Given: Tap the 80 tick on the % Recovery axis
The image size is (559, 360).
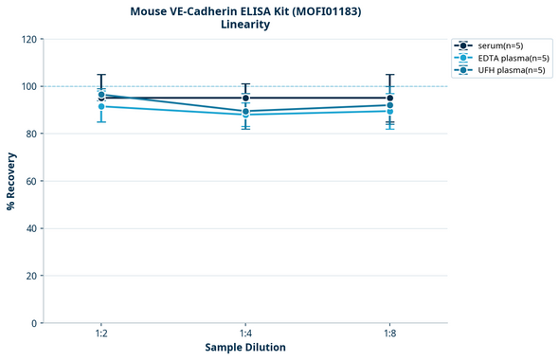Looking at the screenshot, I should pyautogui.click(x=28, y=134).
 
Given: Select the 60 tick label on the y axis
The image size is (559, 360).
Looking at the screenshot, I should pyautogui.click(x=28, y=181).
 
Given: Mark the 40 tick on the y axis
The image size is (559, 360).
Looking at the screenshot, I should pyautogui.click(x=28, y=228).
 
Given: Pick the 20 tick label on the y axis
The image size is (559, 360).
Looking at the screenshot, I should pyautogui.click(x=28, y=276).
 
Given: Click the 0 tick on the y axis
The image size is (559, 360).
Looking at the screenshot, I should pyautogui.click(x=31, y=323).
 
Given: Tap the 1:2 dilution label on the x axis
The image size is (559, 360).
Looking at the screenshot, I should pyautogui.click(x=101, y=334).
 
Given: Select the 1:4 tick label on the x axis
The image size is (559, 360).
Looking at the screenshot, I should pyautogui.click(x=245, y=334).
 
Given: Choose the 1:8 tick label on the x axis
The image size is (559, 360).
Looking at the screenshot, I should pyautogui.click(x=389, y=334).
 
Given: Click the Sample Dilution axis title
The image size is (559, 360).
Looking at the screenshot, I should pyautogui.click(x=245, y=348).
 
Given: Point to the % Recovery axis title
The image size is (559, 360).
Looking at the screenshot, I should pyautogui.click(x=11, y=181).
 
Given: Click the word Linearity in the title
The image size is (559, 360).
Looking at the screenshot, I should pyautogui.click(x=245, y=25).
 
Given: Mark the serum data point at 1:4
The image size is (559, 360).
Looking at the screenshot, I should pyautogui.click(x=245, y=98).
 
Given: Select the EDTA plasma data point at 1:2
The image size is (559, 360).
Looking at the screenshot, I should pyautogui.click(x=101, y=106).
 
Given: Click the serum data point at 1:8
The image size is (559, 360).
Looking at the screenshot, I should pyautogui.click(x=389, y=98).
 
